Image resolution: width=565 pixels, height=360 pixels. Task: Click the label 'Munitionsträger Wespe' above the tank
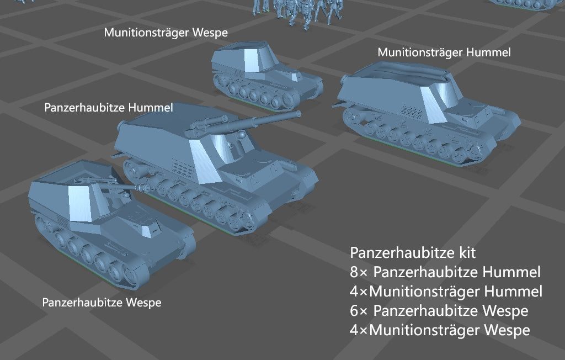coord(166,33)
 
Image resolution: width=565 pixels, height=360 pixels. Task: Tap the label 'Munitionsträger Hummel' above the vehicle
coord(444,52)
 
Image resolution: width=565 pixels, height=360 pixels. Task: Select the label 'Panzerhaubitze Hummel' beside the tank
coord(108,108)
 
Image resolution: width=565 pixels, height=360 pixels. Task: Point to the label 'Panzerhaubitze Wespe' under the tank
coord(102,303)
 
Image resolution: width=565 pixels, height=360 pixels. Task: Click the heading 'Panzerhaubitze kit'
coord(413,253)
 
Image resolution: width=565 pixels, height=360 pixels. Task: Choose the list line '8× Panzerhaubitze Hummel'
coord(445,272)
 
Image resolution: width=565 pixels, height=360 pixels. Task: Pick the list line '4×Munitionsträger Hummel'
coord(446,292)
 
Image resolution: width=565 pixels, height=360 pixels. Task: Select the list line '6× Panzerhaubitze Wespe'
coord(439,311)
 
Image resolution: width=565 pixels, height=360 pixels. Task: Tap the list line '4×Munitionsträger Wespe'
coord(440,330)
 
